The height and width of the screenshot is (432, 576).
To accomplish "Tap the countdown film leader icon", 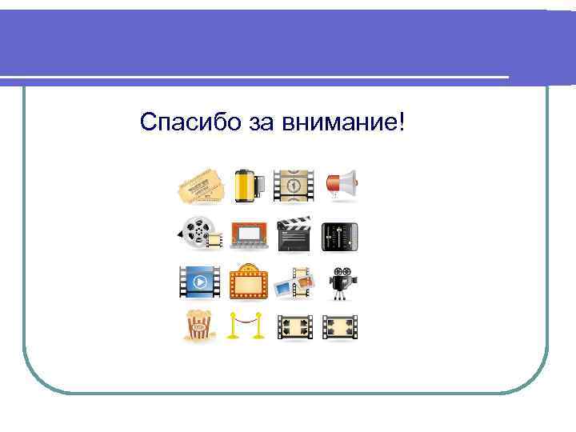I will point(293,186).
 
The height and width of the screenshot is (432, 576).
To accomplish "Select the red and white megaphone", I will point(341,185).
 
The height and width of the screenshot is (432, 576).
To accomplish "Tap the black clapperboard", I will point(293,233).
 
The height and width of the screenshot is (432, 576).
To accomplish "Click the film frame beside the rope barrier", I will point(293,326).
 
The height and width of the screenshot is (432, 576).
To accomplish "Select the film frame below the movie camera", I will point(340,326).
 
